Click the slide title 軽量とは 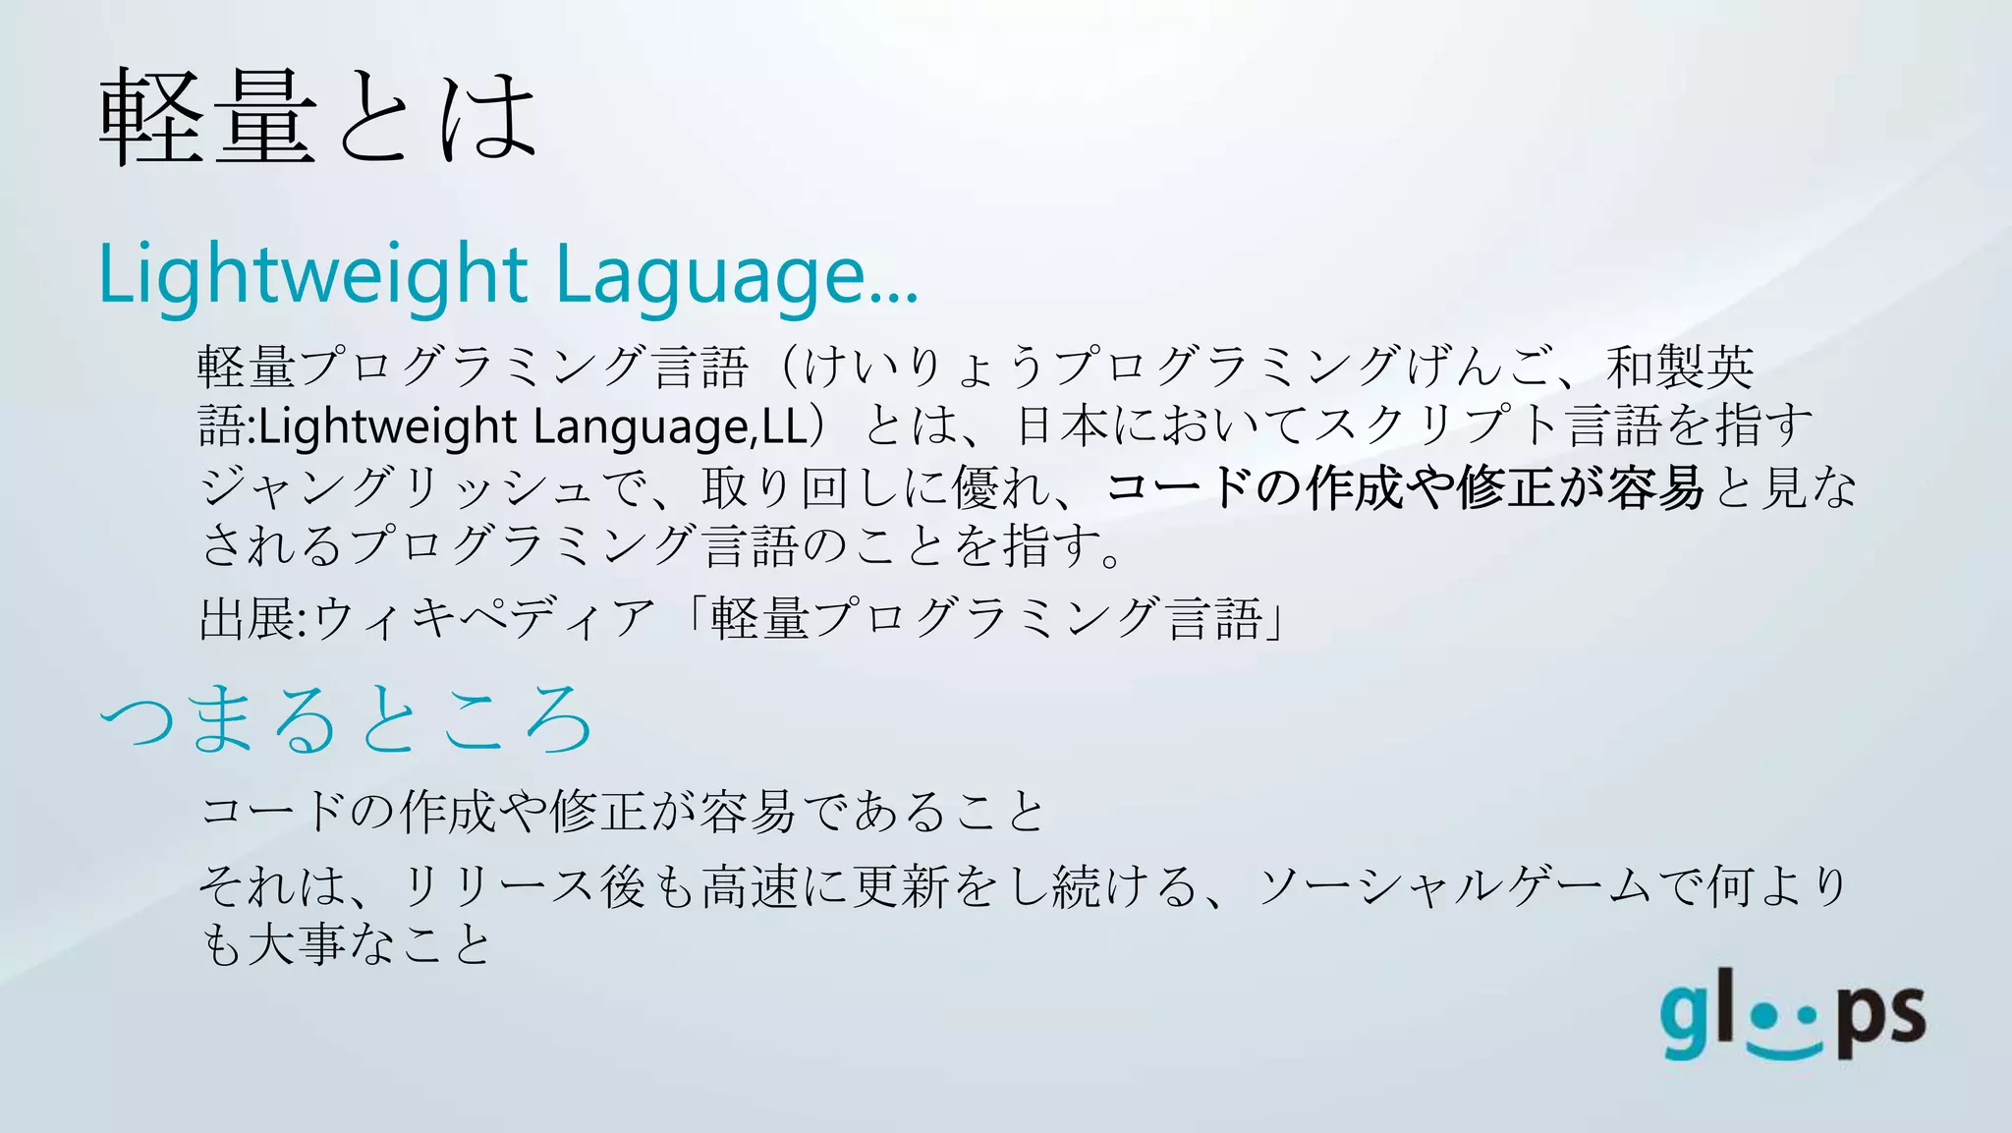(318, 118)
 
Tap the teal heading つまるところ (346, 720)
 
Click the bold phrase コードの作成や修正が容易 (1405, 487)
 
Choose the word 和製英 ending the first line (1680, 367)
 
